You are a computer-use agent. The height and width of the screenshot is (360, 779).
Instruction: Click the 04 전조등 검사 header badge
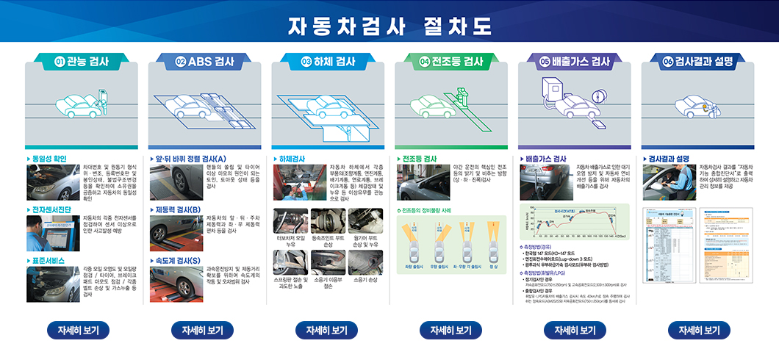pyautogui.click(x=451, y=62)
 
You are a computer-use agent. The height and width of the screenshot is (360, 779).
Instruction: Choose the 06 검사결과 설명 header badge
pyautogui.click(x=697, y=62)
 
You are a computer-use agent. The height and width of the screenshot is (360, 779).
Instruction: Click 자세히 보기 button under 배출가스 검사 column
pyautogui.click(x=574, y=330)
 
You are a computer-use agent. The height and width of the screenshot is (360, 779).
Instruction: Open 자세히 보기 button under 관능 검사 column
pyautogui.click(x=79, y=330)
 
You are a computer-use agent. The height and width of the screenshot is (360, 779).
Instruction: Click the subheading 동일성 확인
pyautogui.click(x=47, y=158)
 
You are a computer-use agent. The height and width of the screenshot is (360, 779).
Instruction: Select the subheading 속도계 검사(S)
pyautogui.click(x=176, y=261)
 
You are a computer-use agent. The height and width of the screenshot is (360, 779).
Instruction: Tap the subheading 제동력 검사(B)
pyautogui.click(x=176, y=209)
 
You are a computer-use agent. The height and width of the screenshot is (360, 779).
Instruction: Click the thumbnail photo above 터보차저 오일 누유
pyautogui.click(x=290, y=221)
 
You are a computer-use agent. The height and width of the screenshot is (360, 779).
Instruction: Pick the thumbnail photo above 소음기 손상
pyautogui.click(x=365, y=262)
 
